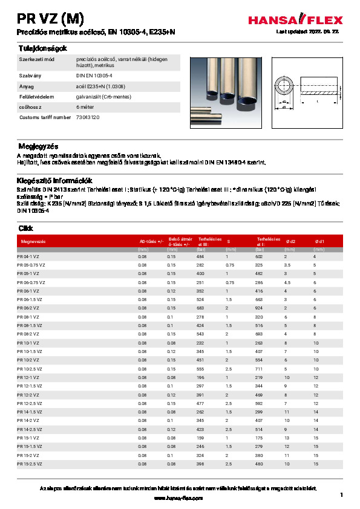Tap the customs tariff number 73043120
point(88,117)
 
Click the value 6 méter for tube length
point(85,107)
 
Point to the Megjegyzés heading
point(37,146)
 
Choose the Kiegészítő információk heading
point(53,180)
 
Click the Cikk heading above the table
point(26,229)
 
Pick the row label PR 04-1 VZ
point(28,257)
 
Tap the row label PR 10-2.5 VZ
point(30,368)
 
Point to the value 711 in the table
point(260,368)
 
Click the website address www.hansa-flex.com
point(179,498)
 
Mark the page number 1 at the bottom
point(341,496)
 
